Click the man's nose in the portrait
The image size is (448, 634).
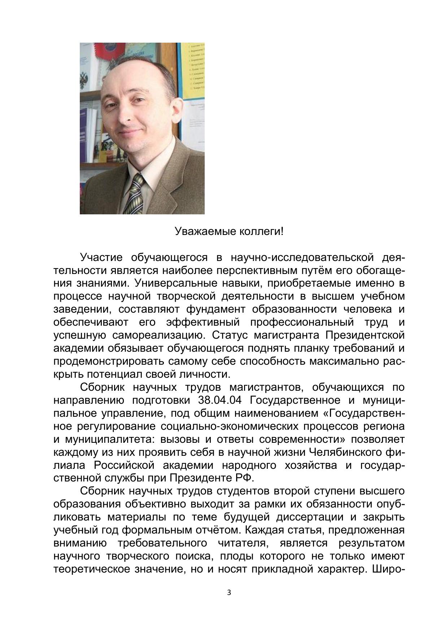[x=127, y=116]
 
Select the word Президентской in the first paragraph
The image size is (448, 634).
[x=365, y=335]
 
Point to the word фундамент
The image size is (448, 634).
[x=216, y=309]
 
